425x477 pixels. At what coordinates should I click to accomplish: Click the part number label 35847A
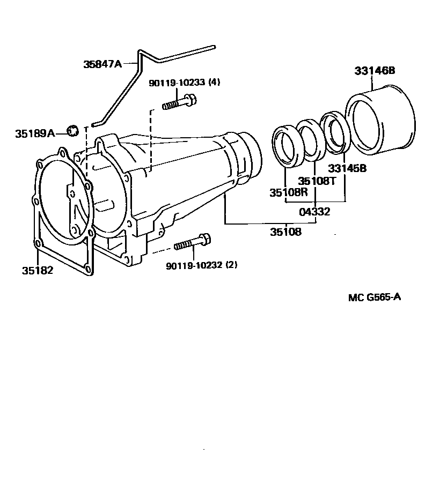tap(102, 64)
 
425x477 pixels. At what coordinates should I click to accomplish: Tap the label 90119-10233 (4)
tap(185, 82)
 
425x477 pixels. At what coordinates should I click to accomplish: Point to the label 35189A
tap(35, 133)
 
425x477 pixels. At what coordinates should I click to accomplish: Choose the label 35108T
tap(317, 181)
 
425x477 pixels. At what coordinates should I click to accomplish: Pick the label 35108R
tap(289, 192)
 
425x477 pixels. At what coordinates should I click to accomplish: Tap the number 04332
tap(314, 212)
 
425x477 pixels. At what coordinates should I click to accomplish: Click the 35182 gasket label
tap(38, 270)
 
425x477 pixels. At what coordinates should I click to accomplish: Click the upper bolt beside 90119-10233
tap(179, 102)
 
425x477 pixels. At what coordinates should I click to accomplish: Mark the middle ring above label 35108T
tap(311, 140)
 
